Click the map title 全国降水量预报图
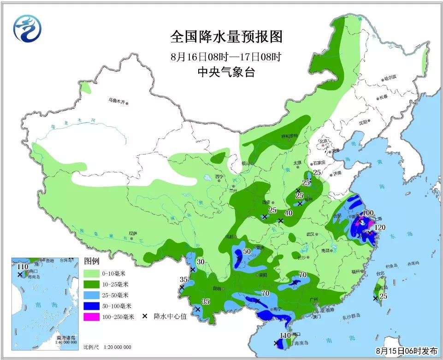click(226, 36)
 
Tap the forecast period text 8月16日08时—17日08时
click(225, 58)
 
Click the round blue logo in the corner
click(26, 29)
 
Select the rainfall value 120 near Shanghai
click(380, 227)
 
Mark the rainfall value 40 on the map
click(289, 213)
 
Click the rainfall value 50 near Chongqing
click(247, 251)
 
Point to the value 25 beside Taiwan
click(383, 296)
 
